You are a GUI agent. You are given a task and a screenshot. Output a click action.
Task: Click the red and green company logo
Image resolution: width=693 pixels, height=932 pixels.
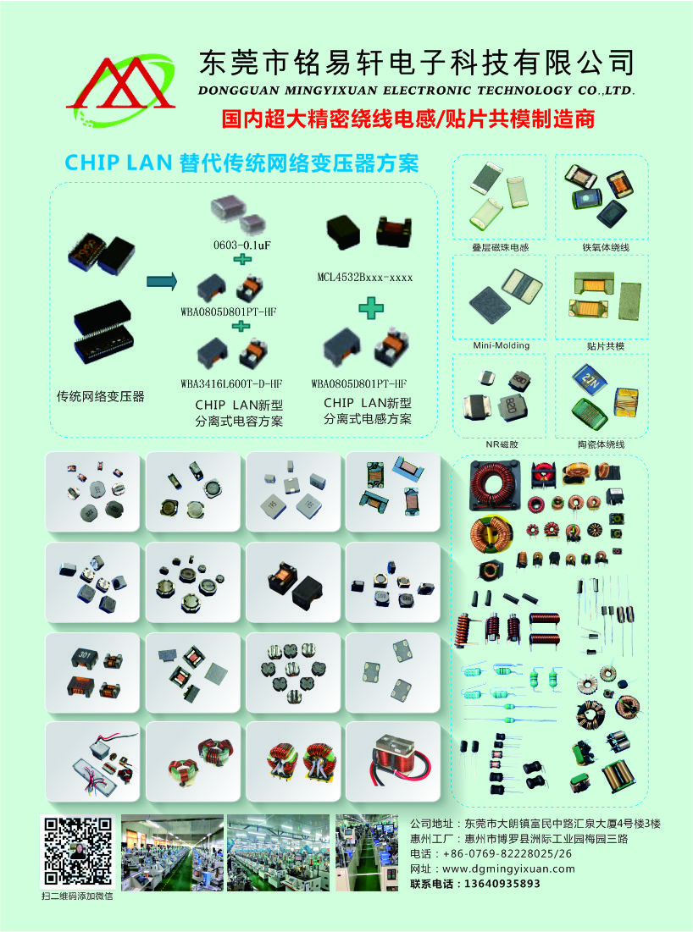click(121, 90)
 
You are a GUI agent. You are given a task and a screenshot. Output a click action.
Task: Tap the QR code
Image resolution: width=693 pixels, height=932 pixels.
click(77, 851)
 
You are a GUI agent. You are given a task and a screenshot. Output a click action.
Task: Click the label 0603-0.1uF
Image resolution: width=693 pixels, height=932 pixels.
click(242, 245)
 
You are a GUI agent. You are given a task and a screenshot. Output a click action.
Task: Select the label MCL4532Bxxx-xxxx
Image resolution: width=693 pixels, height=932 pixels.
click(364, 277)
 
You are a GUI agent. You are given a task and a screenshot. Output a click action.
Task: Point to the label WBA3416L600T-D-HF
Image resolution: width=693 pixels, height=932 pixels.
click(230, 383)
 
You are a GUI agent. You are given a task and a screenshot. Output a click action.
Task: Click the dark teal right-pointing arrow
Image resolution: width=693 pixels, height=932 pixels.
click(162, 280)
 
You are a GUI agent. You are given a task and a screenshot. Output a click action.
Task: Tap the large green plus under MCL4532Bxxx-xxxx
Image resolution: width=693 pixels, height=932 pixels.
click(370, 308)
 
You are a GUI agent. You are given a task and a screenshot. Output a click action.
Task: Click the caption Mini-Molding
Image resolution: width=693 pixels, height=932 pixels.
click(501, 345)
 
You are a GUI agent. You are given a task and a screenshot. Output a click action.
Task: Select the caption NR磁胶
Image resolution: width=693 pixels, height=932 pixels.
click(502, 444)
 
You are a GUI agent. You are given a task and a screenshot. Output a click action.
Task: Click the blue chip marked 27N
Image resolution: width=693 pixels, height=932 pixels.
click(588, 378)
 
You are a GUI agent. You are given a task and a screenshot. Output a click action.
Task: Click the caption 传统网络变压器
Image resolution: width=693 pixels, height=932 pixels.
click(101, 396)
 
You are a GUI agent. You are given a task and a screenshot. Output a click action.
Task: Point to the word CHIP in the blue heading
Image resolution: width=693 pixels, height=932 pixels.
click(87, 163)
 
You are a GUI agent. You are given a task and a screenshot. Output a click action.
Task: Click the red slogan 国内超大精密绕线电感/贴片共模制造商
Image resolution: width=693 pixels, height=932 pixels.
click(408, 119)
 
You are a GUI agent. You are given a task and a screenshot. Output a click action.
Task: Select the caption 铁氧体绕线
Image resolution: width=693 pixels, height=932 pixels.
click(606, 247)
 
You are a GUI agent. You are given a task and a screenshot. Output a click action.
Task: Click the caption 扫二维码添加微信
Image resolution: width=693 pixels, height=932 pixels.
click(77, 896)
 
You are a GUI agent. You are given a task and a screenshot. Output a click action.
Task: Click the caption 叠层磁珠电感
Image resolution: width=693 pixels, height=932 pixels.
click(501, 247)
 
